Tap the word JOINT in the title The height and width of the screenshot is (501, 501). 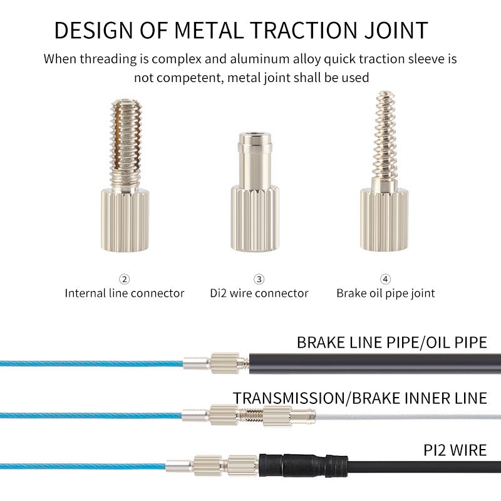pyautogui.click(x=397, y=30)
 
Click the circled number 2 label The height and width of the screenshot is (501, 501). pyautogui.click(x=125, y=279)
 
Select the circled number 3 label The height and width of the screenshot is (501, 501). pyautogui.click(x=259, y=279)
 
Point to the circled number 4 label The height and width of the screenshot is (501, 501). pyautogui.click(x=385, y=279)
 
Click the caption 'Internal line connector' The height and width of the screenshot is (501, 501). pyautogui.click(x=125, y=293)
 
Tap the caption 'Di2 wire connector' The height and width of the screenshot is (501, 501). pyautogui.click(x=259, y=293)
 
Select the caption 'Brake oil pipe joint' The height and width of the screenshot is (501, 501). pyautogui.click(x=385, y=293)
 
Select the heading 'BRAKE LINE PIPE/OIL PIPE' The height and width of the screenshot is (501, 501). pyautogui.click(x=391, y=343)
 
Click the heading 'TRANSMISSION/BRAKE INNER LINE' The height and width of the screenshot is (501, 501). pyautogui.click(x=359, y=398)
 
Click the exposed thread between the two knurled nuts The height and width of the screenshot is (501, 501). pyautogui.click(x=251, y=415)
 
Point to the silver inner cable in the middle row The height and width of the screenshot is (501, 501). pyautogui.click(x=407, y=416)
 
